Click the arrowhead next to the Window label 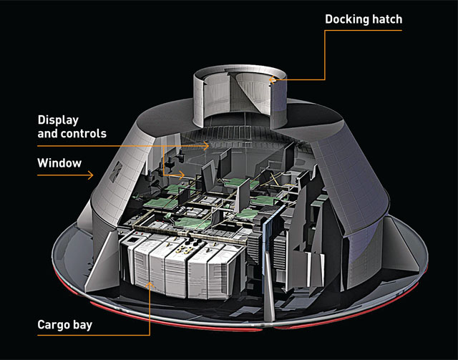click(x=91, y=173)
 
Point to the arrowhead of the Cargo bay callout click(x=150, y=284)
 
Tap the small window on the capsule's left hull click(x=115, y=170)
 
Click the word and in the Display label click(x=45, y=134)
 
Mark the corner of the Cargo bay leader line click(x=150, y=334)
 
